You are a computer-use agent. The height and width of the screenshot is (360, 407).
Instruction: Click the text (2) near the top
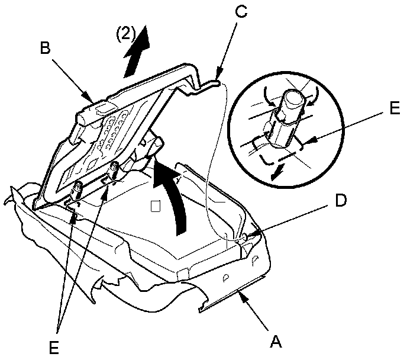[x=126, y=34]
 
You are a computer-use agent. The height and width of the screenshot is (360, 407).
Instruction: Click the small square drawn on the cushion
[x=156, y=207]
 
